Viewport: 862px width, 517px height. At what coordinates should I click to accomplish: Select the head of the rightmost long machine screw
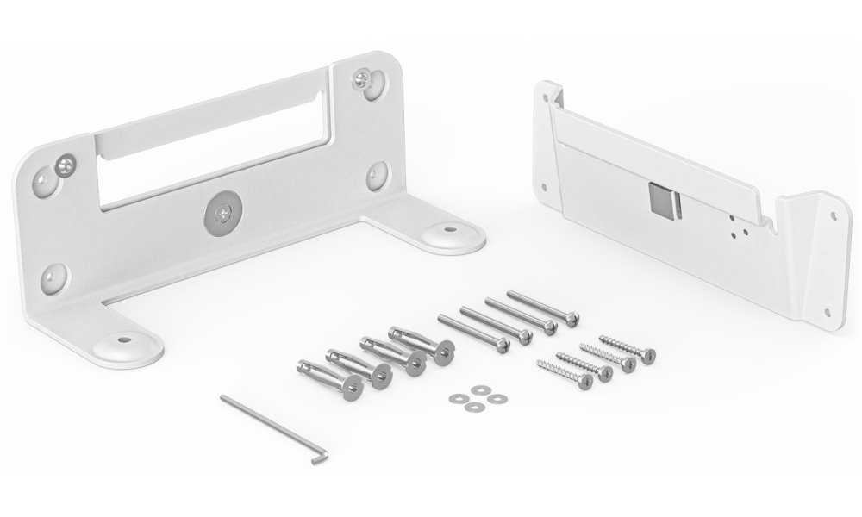tap(570, 319)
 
